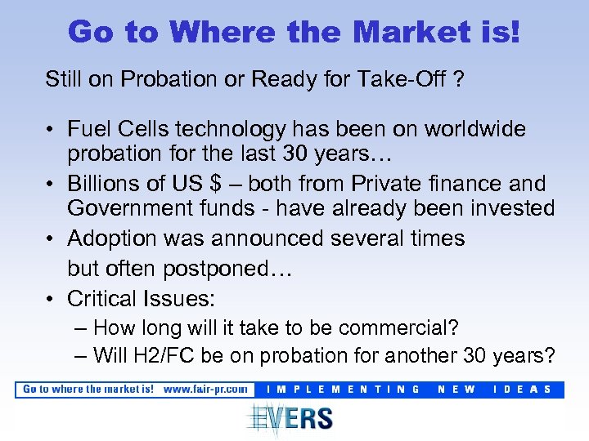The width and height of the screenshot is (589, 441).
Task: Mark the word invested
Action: tap(510, 208)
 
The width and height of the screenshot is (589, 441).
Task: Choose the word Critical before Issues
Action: tap(102, 298)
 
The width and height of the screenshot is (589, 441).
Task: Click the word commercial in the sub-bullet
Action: tap(397, 328)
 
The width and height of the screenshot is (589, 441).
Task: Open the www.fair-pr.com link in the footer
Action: tap(205, 390)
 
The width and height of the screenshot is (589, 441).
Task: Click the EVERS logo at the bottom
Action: tap(290, 417)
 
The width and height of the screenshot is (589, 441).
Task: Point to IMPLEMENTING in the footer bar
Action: tap(344, 390)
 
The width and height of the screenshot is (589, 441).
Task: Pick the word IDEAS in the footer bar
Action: tap(524, 390)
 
